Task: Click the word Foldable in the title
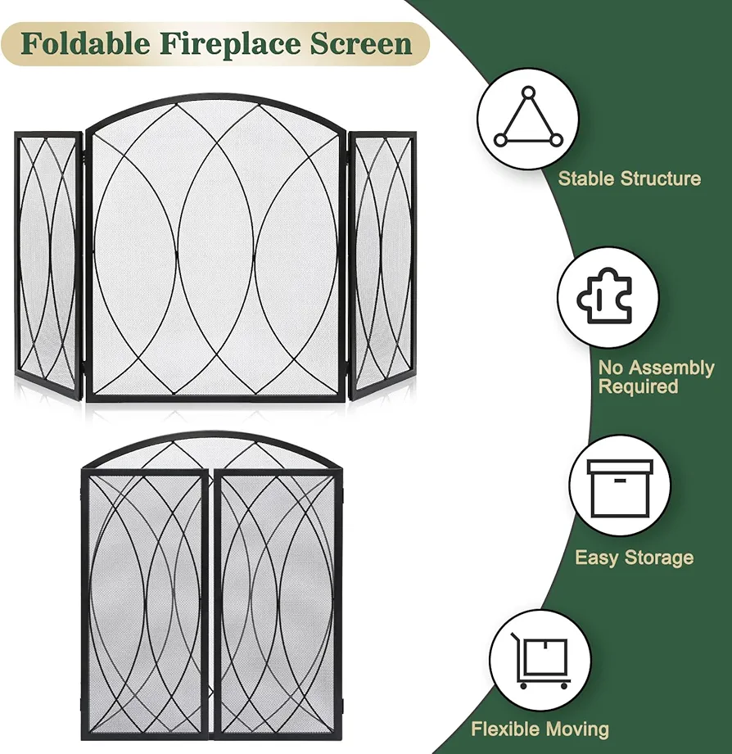pyautogui.click(x=86, y=43)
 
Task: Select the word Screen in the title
pyautogui.click(x=361, y=43)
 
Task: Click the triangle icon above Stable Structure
pyautogui.click(x=528, y=118)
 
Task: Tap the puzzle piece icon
pyautogui.click(x=604, y=295)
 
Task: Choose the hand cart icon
pyautogui.click(x=540, y=660)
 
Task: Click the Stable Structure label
pyautogui.click(x=629, y=179)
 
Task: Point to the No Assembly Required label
pyautogui.click(x=657, y=377)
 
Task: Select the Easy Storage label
pyautogui.click(x=635, y=558)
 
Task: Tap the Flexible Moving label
pyautogui.click(x=540, y=729)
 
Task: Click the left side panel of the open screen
pyautogui.click(x=49, y=264)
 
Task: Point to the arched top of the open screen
pyautogui.click(x=215, y=103)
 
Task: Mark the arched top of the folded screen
pyautogui.click(x=211, y=441)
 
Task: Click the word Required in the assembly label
pyautogui.click(x=638, y=386)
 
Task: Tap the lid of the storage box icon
pyautogui.click(x=620, y=467)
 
